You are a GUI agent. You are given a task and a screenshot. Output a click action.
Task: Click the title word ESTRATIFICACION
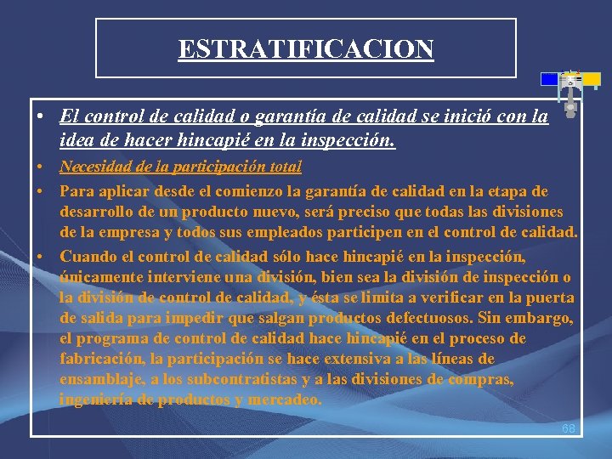click(x=306, y=48)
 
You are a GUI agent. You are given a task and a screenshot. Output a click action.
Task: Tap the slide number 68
click(x=569, y=428)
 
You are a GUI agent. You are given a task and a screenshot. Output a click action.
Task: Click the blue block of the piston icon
click(x=550, y=79)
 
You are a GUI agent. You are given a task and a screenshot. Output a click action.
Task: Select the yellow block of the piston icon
click(x=590, y=80)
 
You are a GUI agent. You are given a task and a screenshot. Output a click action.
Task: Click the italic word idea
click(x=79, y=139)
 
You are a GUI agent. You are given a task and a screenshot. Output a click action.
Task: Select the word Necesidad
click(x=95, y=167)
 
